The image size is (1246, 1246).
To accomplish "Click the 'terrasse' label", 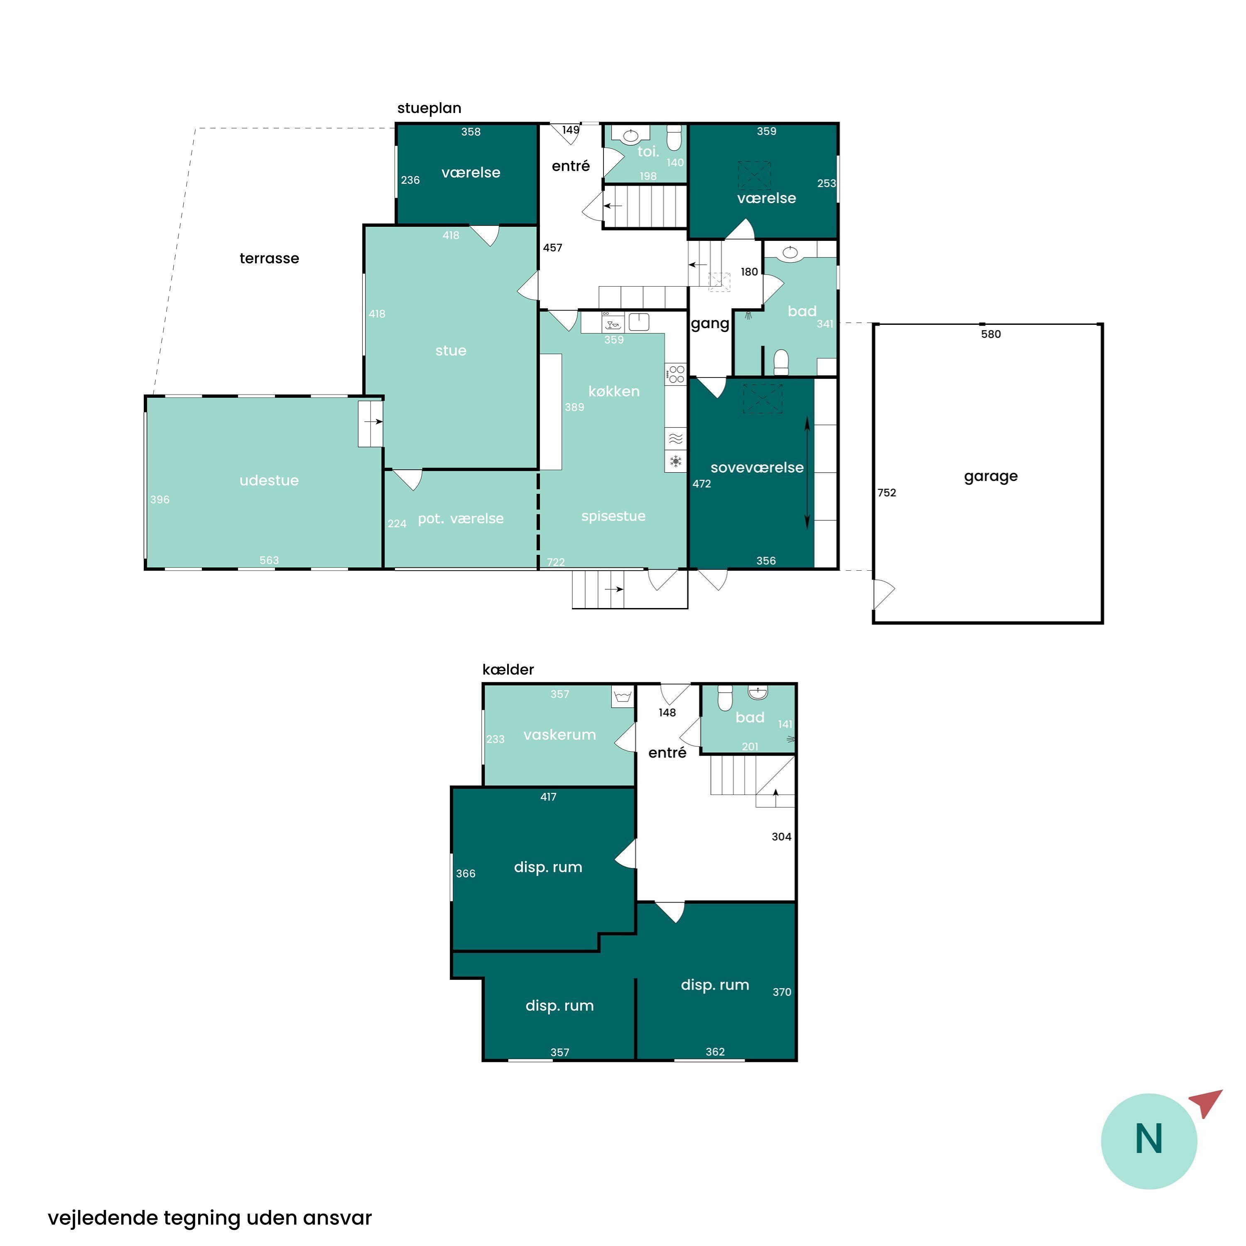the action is [x=269, y=259].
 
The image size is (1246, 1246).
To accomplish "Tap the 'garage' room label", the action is [x=991, y=477].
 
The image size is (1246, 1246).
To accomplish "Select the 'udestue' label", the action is [x=269, y=481].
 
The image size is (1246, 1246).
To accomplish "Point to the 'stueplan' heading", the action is [x=429, y=108].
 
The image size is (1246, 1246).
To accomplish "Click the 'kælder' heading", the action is [x=508, y=670].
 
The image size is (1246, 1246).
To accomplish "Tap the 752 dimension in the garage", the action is [x=887, y=493].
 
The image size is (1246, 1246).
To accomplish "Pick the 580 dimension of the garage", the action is [x=991, y=334].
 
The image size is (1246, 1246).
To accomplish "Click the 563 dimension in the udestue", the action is [x=269, y=560].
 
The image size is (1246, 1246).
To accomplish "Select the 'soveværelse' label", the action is [x=757, y=468].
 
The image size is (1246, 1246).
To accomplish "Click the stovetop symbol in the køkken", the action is [x=676, y=374].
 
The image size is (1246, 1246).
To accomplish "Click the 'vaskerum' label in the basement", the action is [x=560, y=735].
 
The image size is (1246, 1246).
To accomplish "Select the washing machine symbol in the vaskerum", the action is [x=622, y=697].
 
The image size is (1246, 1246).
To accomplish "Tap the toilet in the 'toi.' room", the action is [x=674, y=137].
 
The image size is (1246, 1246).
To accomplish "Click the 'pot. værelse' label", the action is [x=461, y=519].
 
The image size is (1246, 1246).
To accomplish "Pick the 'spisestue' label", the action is [x=613, y=517].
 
